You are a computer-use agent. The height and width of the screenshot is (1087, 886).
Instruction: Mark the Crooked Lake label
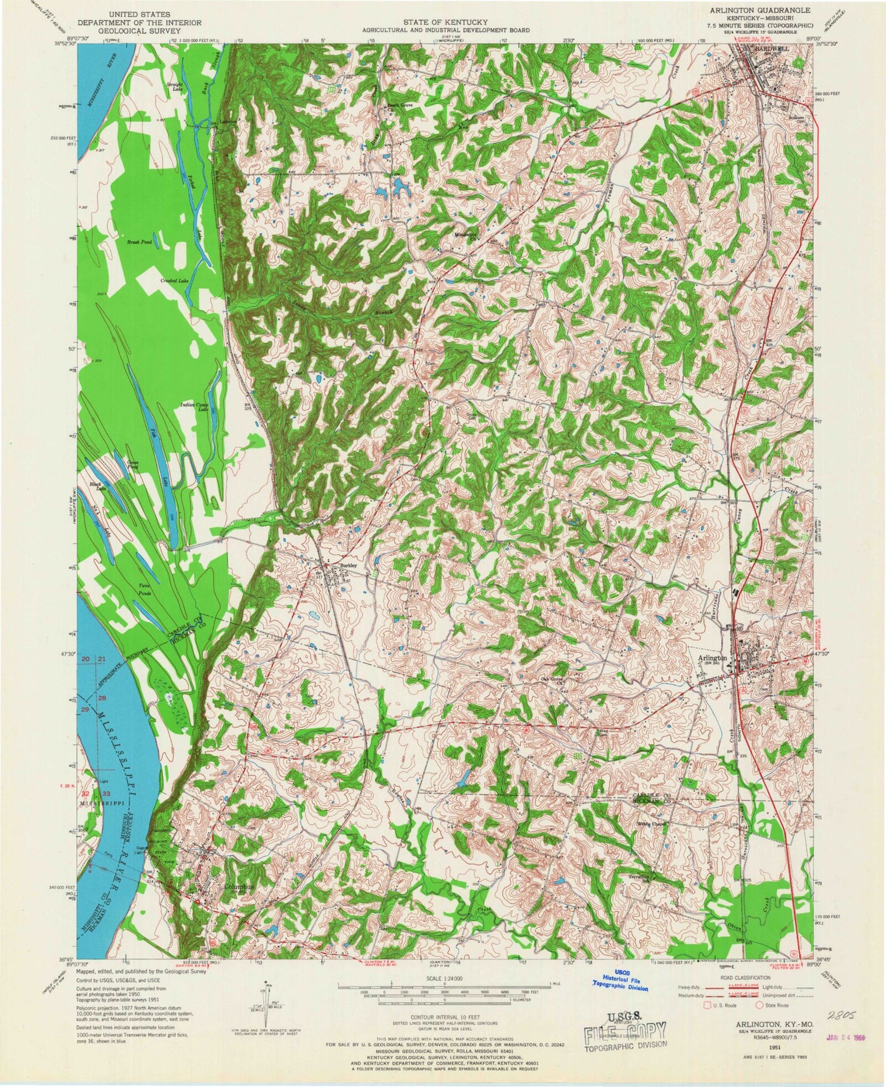coord(174,281)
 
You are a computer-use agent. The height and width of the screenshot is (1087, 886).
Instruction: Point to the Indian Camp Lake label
coord(194,406)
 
